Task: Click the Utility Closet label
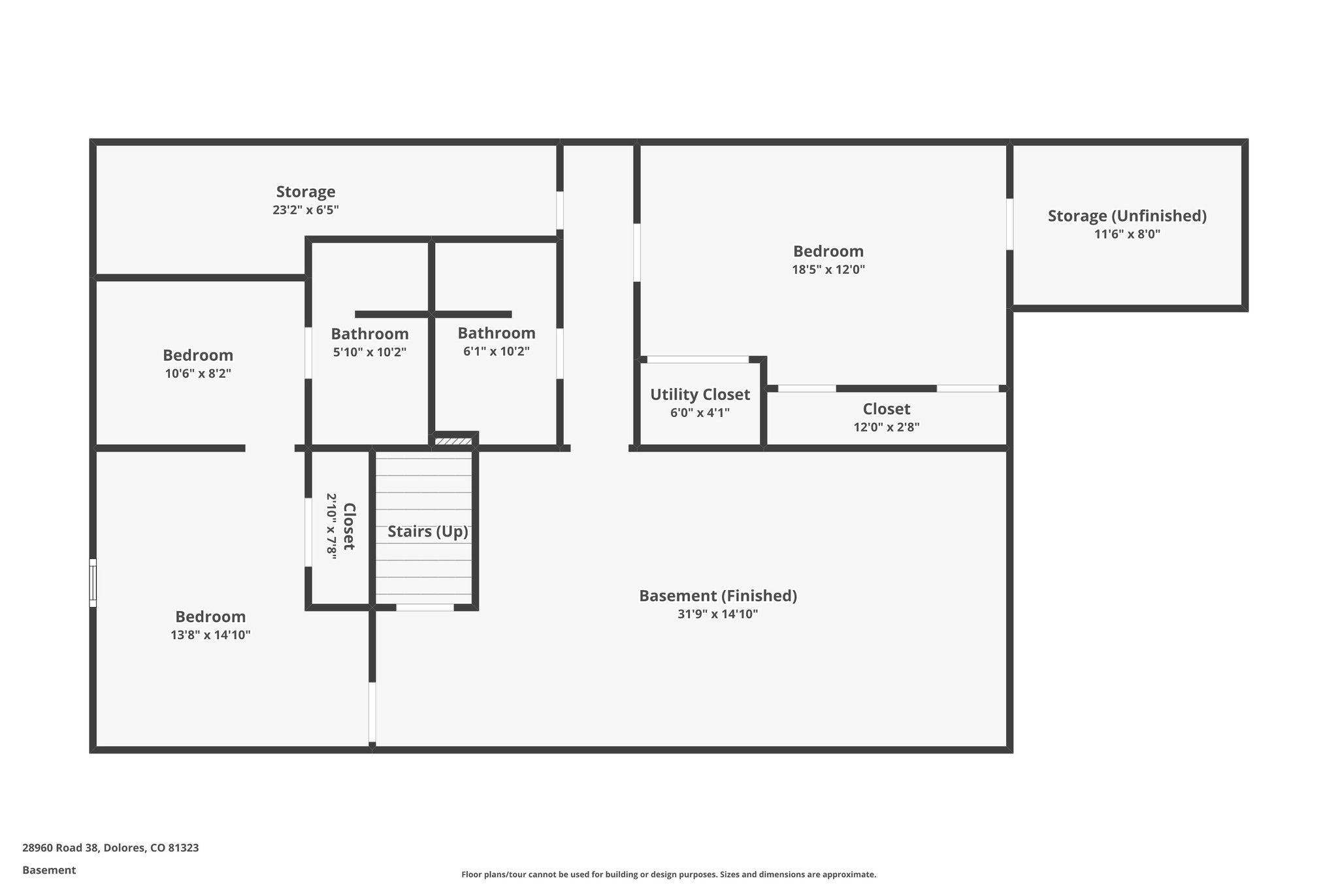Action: point(700,395)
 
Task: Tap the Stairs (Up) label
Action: point(428,531)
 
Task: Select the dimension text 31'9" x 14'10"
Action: point(717,614)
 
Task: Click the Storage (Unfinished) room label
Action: point(1127,216)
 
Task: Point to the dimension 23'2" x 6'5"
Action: point(305,210)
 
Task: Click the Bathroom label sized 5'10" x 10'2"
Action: point(370,334)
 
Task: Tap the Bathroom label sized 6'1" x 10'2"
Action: point(497,333)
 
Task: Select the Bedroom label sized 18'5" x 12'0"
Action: point(828,252)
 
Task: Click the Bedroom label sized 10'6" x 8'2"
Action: point(198,355)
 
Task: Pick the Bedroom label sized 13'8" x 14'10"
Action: point(210,617)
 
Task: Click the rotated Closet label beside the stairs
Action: point(349,526)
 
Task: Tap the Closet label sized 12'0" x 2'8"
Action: point(886,409)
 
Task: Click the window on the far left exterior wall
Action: point(93,583)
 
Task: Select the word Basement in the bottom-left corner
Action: point(49,870)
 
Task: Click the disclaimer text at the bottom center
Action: point(668,874)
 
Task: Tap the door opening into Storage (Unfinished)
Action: point(1009,224)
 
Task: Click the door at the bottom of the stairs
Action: point(425,608)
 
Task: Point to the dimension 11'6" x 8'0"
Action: point(1127,234)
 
